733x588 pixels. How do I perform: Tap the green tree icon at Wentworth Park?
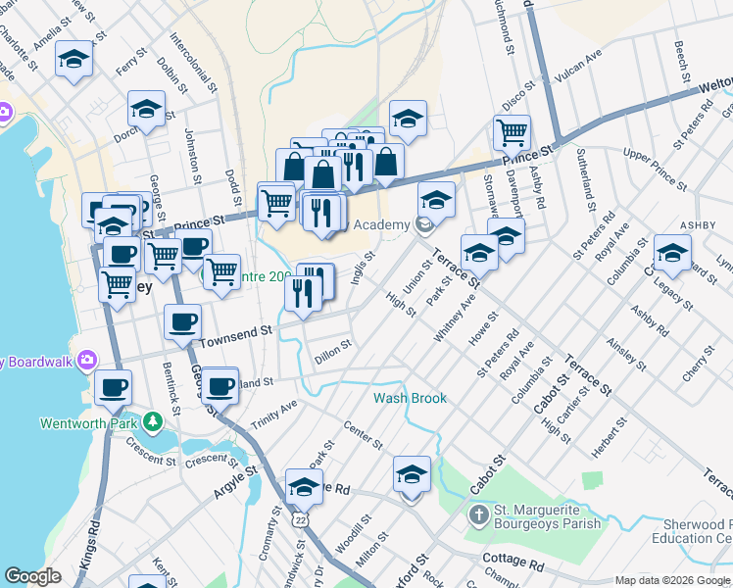(x=152, y=422)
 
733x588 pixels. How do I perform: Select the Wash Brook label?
(x=410, y=398)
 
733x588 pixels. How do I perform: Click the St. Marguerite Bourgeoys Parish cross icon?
(x=478, y=514)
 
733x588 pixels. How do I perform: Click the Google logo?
(x=32, y=576)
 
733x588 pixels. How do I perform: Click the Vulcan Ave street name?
(x=578, y=62)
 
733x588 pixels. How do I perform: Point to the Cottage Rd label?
(x=513, y=565)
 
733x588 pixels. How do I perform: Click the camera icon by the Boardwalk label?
(x=87, y=360)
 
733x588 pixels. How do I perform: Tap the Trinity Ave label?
(x=273, y=413)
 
